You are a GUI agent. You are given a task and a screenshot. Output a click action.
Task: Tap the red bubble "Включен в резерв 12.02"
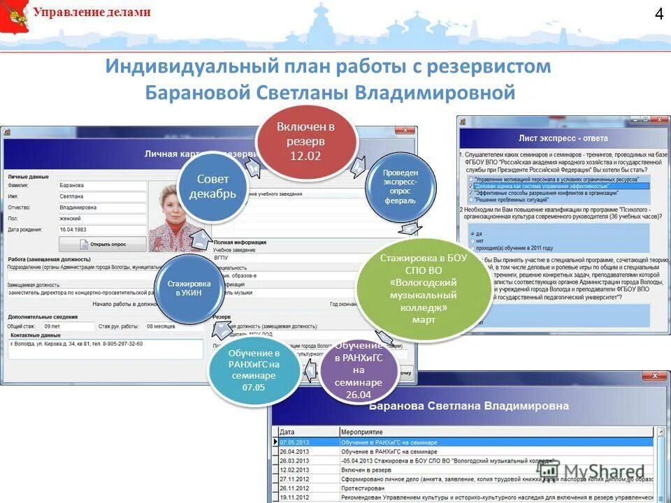(305, 140)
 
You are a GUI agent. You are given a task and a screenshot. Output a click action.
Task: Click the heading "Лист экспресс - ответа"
(563, 138)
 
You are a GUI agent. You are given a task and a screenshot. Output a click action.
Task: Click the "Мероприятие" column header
(361, 432)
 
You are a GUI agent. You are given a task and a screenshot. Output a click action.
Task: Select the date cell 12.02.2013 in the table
(294, 470)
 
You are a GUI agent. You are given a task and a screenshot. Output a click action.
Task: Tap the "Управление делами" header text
(92, 13)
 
